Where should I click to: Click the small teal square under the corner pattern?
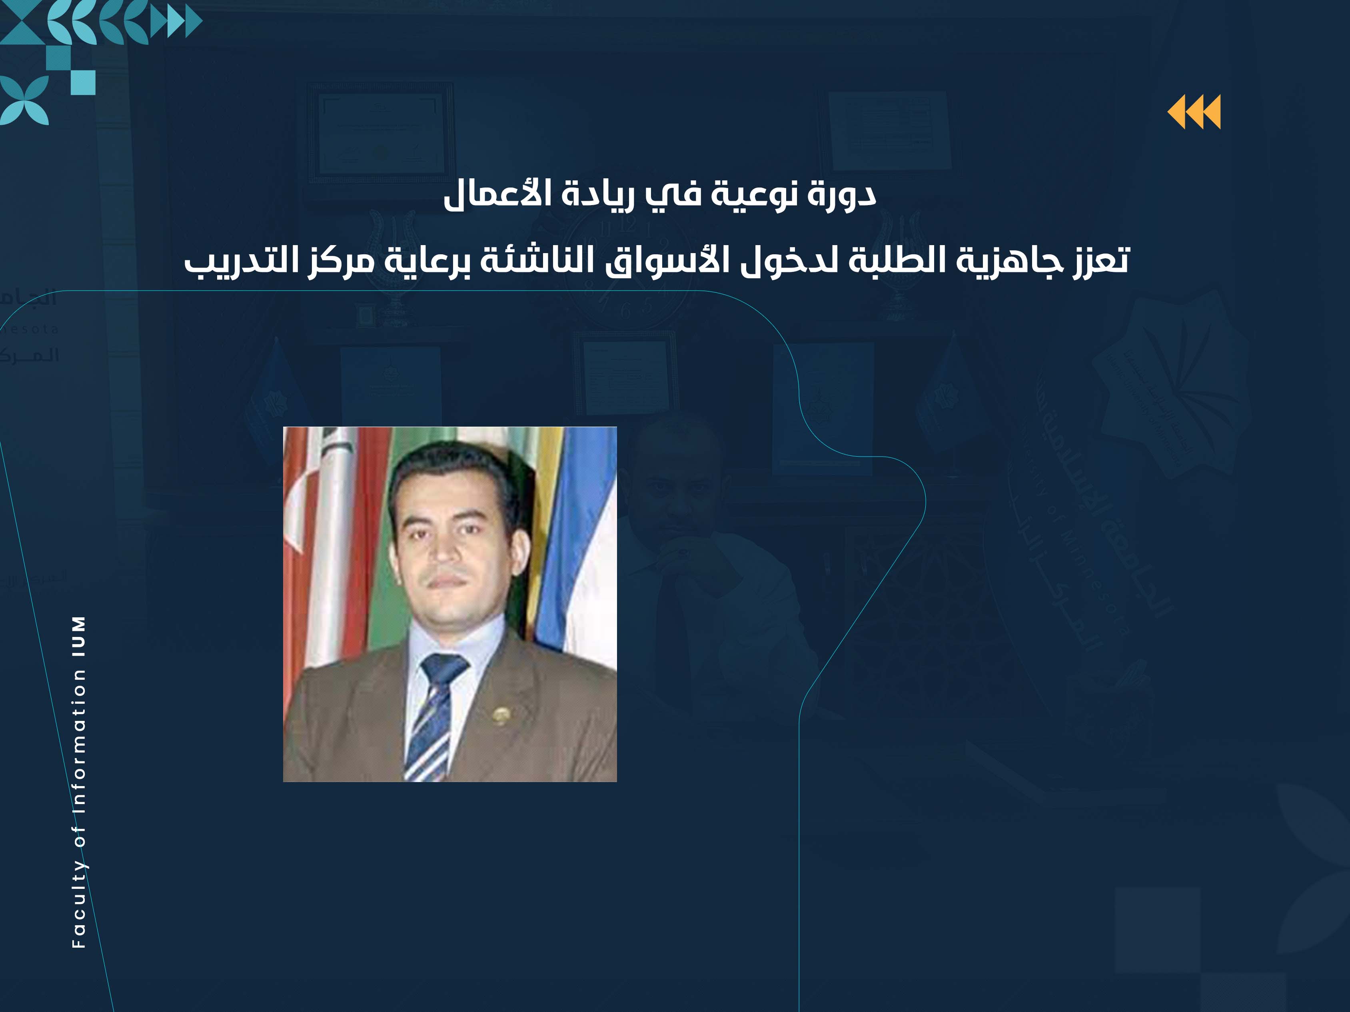coord(83,82)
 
